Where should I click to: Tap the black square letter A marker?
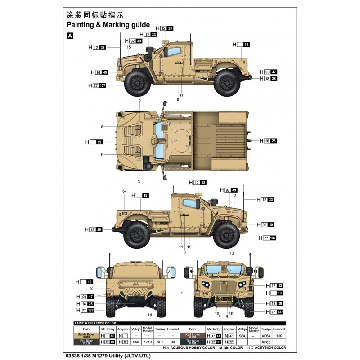pos(70,36)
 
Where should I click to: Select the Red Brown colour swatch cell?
pos(189,335)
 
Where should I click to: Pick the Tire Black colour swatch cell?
pos(189,342)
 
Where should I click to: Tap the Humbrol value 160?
pos(279,335)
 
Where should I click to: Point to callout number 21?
pos(125,192)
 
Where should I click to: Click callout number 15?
pos(129,47)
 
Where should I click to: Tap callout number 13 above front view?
pos(232,253)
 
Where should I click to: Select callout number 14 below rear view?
pos(149,315)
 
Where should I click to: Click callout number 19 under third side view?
pos(189,247)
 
